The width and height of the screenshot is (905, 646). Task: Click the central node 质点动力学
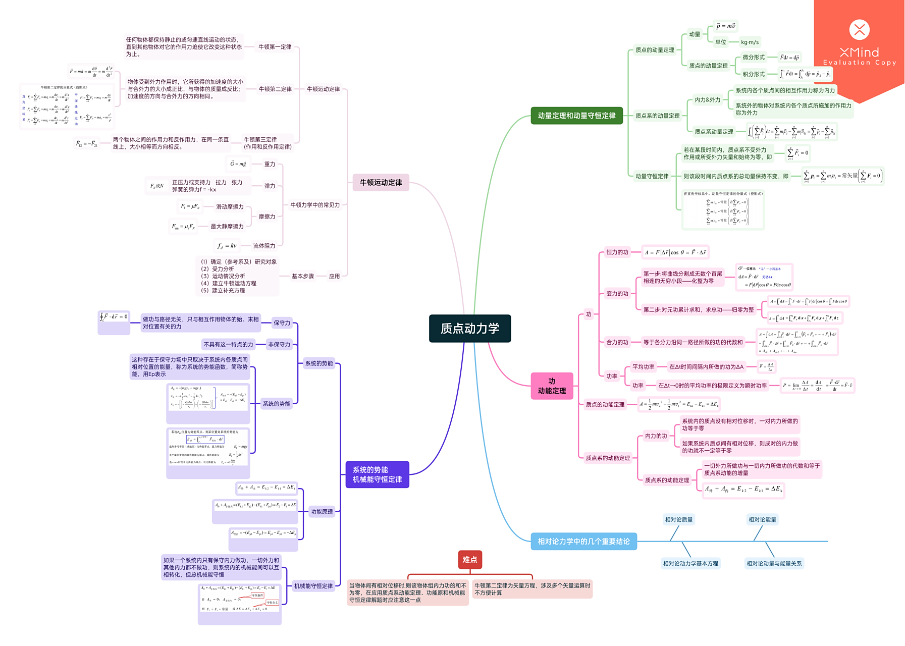click(469, 329)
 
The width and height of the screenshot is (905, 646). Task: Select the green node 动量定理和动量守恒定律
click(576, 116)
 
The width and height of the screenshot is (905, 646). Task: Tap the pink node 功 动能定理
click(552, 386)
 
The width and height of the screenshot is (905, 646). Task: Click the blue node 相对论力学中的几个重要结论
click(583, 542)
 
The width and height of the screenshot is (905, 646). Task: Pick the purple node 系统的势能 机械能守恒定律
click(377, 474)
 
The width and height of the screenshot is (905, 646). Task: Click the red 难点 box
click(469, 560)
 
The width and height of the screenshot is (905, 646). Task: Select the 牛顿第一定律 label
click(275, 47)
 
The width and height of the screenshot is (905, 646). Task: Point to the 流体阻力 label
click(264, 246)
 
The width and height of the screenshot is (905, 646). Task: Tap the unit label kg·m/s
click(750, 42)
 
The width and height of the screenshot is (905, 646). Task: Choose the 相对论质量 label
click(678, 519)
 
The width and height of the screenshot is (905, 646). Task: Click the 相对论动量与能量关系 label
click(774, 563)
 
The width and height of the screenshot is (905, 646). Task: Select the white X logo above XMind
click(859, 30)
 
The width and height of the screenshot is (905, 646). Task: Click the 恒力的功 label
click(617, 252)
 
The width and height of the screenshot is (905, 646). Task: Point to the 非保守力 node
click(279, 344)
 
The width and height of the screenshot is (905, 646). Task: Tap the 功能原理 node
click(322, 512)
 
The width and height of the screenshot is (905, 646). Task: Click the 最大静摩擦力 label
click(227, 227)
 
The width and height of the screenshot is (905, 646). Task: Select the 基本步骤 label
click(302, 276)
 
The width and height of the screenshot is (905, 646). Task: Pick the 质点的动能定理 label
click(605, 404)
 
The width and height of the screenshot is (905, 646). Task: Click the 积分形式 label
click(753, 74)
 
